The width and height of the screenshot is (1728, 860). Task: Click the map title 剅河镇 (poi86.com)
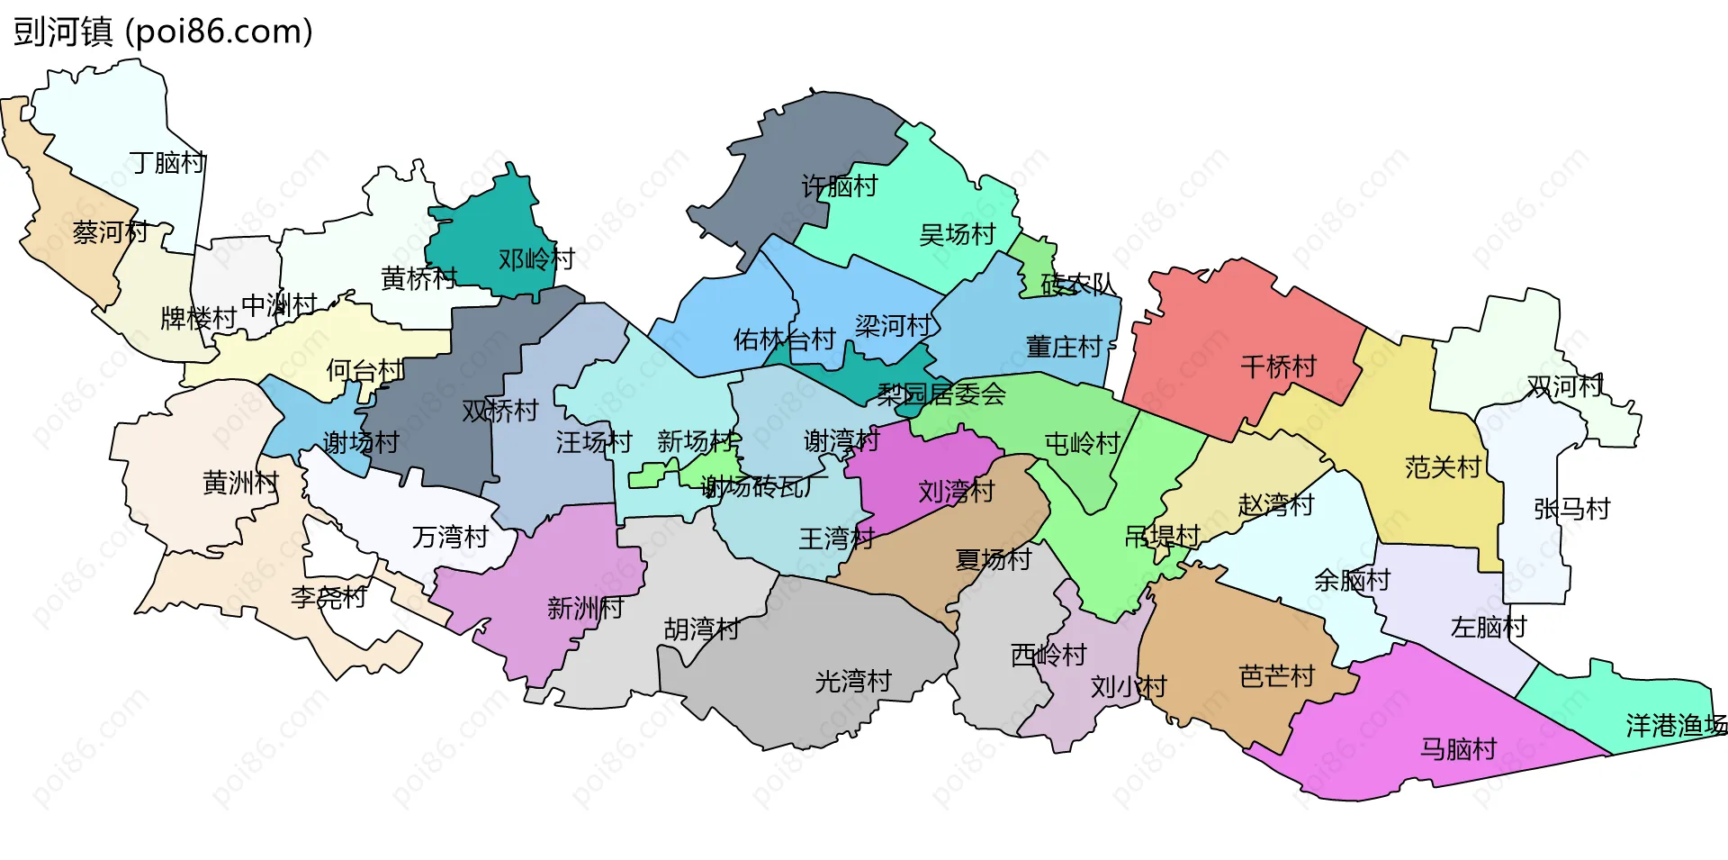coord(163,32)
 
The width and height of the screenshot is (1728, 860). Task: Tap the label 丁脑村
coord(167,163)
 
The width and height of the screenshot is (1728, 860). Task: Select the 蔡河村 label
coord(110,232)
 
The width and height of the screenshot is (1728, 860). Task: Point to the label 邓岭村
coord(536,259)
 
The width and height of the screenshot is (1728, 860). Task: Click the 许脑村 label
coord(839,186)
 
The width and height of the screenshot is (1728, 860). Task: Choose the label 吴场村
coord(957,235)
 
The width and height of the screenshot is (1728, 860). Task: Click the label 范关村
coord(1443,467)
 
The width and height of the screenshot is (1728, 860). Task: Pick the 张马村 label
coord(1571,509)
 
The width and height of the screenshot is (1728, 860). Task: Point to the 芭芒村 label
coord(1277,676)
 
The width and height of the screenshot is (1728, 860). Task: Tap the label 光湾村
coord(852,682)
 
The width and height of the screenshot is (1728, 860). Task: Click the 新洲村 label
coord(585,609)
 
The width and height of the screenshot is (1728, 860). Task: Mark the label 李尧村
coord(328,597)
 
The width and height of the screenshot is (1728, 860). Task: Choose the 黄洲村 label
coord(240,484)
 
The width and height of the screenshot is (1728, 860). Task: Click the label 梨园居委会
coord(941,394)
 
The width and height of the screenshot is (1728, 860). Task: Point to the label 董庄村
coord(1064,347)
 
